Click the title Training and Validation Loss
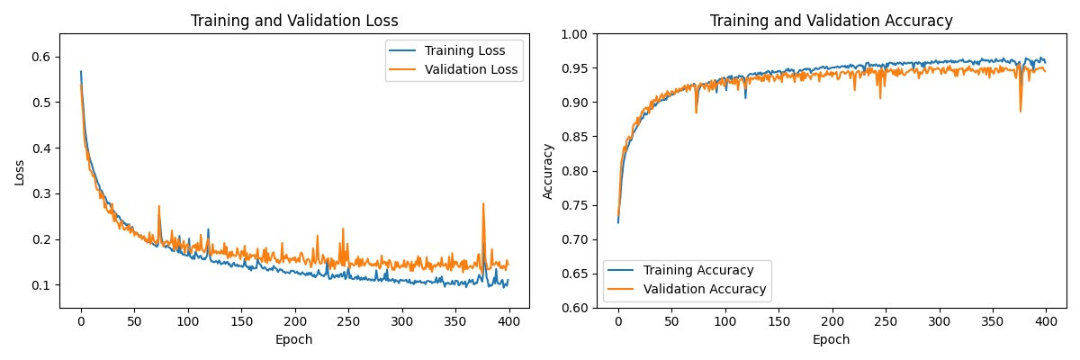point(294,21)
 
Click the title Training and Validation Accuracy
point(831,21)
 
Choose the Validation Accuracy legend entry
point(695,289)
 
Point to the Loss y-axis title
point(20,171)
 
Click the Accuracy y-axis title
point(547,171)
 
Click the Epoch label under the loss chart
point(294,340)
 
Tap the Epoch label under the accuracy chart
point(831,340)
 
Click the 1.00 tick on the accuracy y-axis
point(574,34)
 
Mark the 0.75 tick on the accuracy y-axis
point(574,205)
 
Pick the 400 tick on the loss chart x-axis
point(509,320)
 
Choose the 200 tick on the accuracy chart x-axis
point(832,320)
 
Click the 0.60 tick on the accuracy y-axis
point(574,308)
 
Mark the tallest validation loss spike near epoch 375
point(483,203)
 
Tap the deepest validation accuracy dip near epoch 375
point(1021,112)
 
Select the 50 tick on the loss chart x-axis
point(134,320)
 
